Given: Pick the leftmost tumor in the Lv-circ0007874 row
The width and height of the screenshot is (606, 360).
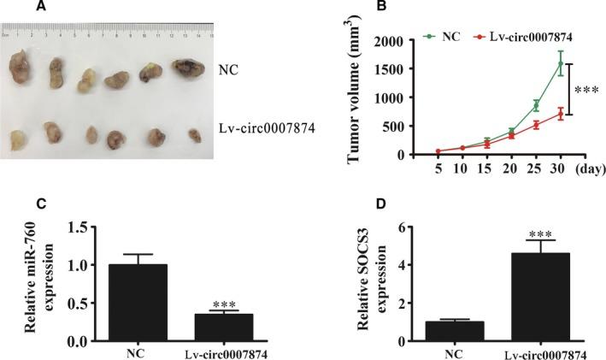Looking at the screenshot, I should pos(17,139).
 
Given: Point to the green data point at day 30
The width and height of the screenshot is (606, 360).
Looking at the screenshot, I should pos(560,63).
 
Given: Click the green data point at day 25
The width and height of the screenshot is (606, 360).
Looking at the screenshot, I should pos(535,106).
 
